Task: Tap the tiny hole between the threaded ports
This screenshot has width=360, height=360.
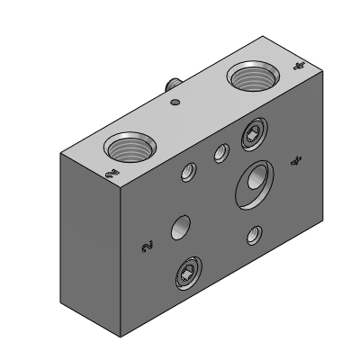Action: [176, 102]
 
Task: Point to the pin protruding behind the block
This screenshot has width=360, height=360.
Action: [169, 83]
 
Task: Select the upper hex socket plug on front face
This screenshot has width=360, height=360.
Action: [253, 137]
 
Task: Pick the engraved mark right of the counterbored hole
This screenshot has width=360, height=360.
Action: [294, 160]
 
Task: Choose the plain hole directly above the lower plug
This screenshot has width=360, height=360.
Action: [183, 227]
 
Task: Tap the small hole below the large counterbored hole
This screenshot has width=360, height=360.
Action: [254, 236]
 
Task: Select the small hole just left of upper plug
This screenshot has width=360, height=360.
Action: [219, 156]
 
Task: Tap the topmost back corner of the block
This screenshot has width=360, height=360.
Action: [263, 36]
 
